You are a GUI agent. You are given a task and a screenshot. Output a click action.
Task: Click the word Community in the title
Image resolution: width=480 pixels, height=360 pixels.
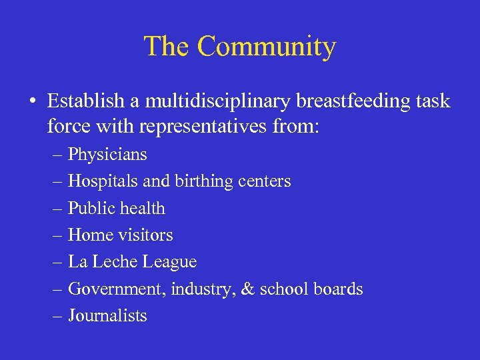coord(267,47)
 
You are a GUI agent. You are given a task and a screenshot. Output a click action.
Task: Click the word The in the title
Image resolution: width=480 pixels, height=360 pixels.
coord(167,47)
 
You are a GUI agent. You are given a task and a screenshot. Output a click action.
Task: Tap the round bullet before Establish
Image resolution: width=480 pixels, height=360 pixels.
coord(32,102)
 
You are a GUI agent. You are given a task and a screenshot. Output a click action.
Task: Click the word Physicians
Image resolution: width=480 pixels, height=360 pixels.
coord(107,155)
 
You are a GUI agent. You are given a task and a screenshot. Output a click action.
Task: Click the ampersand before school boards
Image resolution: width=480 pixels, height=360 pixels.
coord(247,289)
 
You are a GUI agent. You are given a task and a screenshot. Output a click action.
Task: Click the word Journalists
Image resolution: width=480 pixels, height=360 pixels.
coord(107,316)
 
